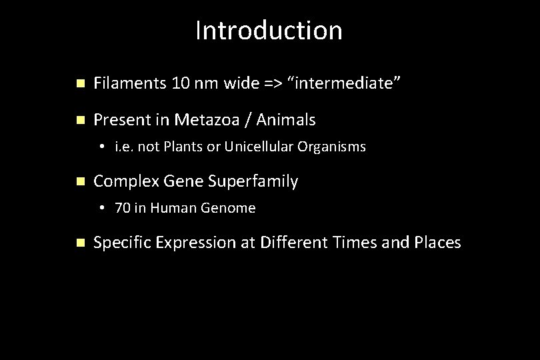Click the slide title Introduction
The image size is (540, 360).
click(269, 31)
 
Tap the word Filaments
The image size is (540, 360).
click(130, 84)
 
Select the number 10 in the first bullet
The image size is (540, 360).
click(180, 84)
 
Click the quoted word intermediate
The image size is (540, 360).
click(344, 84)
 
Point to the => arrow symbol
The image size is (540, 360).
click(271, 84)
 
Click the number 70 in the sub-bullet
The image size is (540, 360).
click(123, 208)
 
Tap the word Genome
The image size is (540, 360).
click(231, 208)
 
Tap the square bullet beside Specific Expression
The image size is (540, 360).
click(80, 243)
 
